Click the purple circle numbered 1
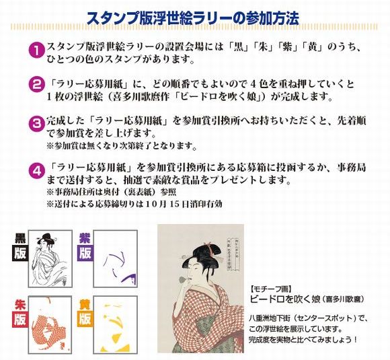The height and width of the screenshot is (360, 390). click(37, 50)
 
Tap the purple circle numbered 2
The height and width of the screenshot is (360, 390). click(37, 85)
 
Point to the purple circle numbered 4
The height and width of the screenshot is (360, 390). click(37, 171)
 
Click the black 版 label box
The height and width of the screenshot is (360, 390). click(19, 253)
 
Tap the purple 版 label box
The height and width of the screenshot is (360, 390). click(85, 253)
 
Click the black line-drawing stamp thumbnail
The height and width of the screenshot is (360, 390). click(50, 258)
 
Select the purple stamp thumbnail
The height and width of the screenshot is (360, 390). click(116, 258)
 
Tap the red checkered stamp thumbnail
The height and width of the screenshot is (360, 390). click(50, 325)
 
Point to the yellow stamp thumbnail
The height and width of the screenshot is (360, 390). click(116, 325)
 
